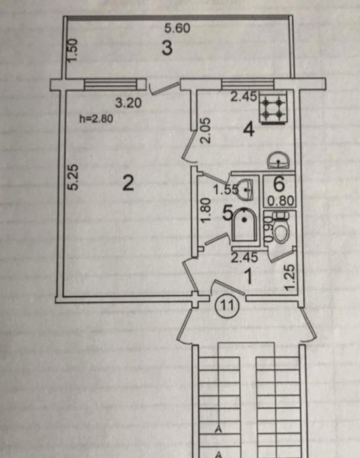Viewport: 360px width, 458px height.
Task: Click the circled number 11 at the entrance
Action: pyautogui.click(x=227, y=305)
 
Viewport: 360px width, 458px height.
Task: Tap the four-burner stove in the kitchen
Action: pyautogui.click(x=273, y=107)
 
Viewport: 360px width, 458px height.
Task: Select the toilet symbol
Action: pyautogui.click(x=281, y=228)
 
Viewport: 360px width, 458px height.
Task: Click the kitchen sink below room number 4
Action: pyautogui.click(x=279, y=160)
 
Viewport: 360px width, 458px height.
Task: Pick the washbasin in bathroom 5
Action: pyautogui.click(x=245, y=189)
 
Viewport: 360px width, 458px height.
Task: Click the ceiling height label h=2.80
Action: pyautogui.click(x=96, y=119)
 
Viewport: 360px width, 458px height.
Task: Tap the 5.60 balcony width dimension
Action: pyautogui.click(x=177, y=28)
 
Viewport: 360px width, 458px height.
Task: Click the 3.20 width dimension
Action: pyautogui.click(x=129, y=102)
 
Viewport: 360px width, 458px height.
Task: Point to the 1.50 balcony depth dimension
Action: pyautogui.click(x=72, y=50)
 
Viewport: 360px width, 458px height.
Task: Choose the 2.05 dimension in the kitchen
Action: pyautogui.click(x=205, y=130)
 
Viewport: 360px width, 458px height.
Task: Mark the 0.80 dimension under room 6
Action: pyautogui.click(x=281, y=201)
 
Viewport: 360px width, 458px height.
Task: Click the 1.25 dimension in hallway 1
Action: pyautogui.click(x=290, y=278)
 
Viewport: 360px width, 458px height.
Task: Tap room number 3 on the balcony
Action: pyautogui.click(x=167, y=48)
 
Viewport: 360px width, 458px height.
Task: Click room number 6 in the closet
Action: pyautogui.click(x=279, y=183)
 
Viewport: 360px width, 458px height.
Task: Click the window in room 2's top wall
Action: pyautogui.click(x=110, y=85)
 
